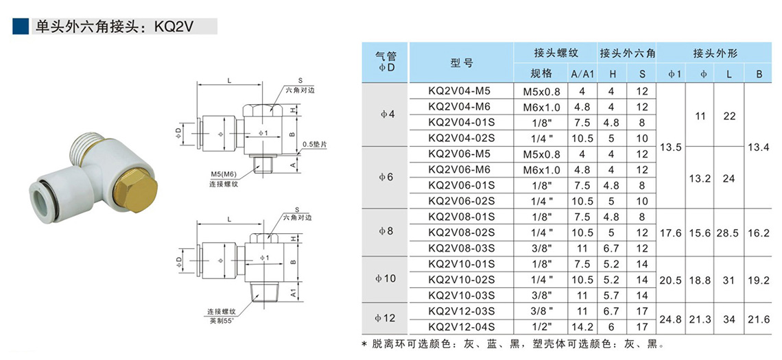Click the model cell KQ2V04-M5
pos(461,91)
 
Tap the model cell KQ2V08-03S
pos(461,248)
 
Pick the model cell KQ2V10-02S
pos(461,279)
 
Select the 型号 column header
pos(461,63)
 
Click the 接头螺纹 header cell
pos(556,53)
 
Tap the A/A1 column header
pos(582,74)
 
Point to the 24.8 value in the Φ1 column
pos(670,319)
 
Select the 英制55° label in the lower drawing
pos(224,320)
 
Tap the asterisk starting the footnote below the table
pos(365,344)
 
